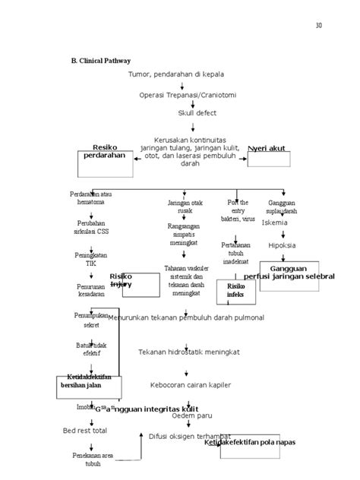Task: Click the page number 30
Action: tap(319, 26)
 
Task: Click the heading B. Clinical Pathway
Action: tap(99, 60)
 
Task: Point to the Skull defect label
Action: tap(197, 112)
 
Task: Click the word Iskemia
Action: tap(274, 223)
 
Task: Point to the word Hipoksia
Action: tap(281, 245)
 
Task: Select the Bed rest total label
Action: tap(85, 431)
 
